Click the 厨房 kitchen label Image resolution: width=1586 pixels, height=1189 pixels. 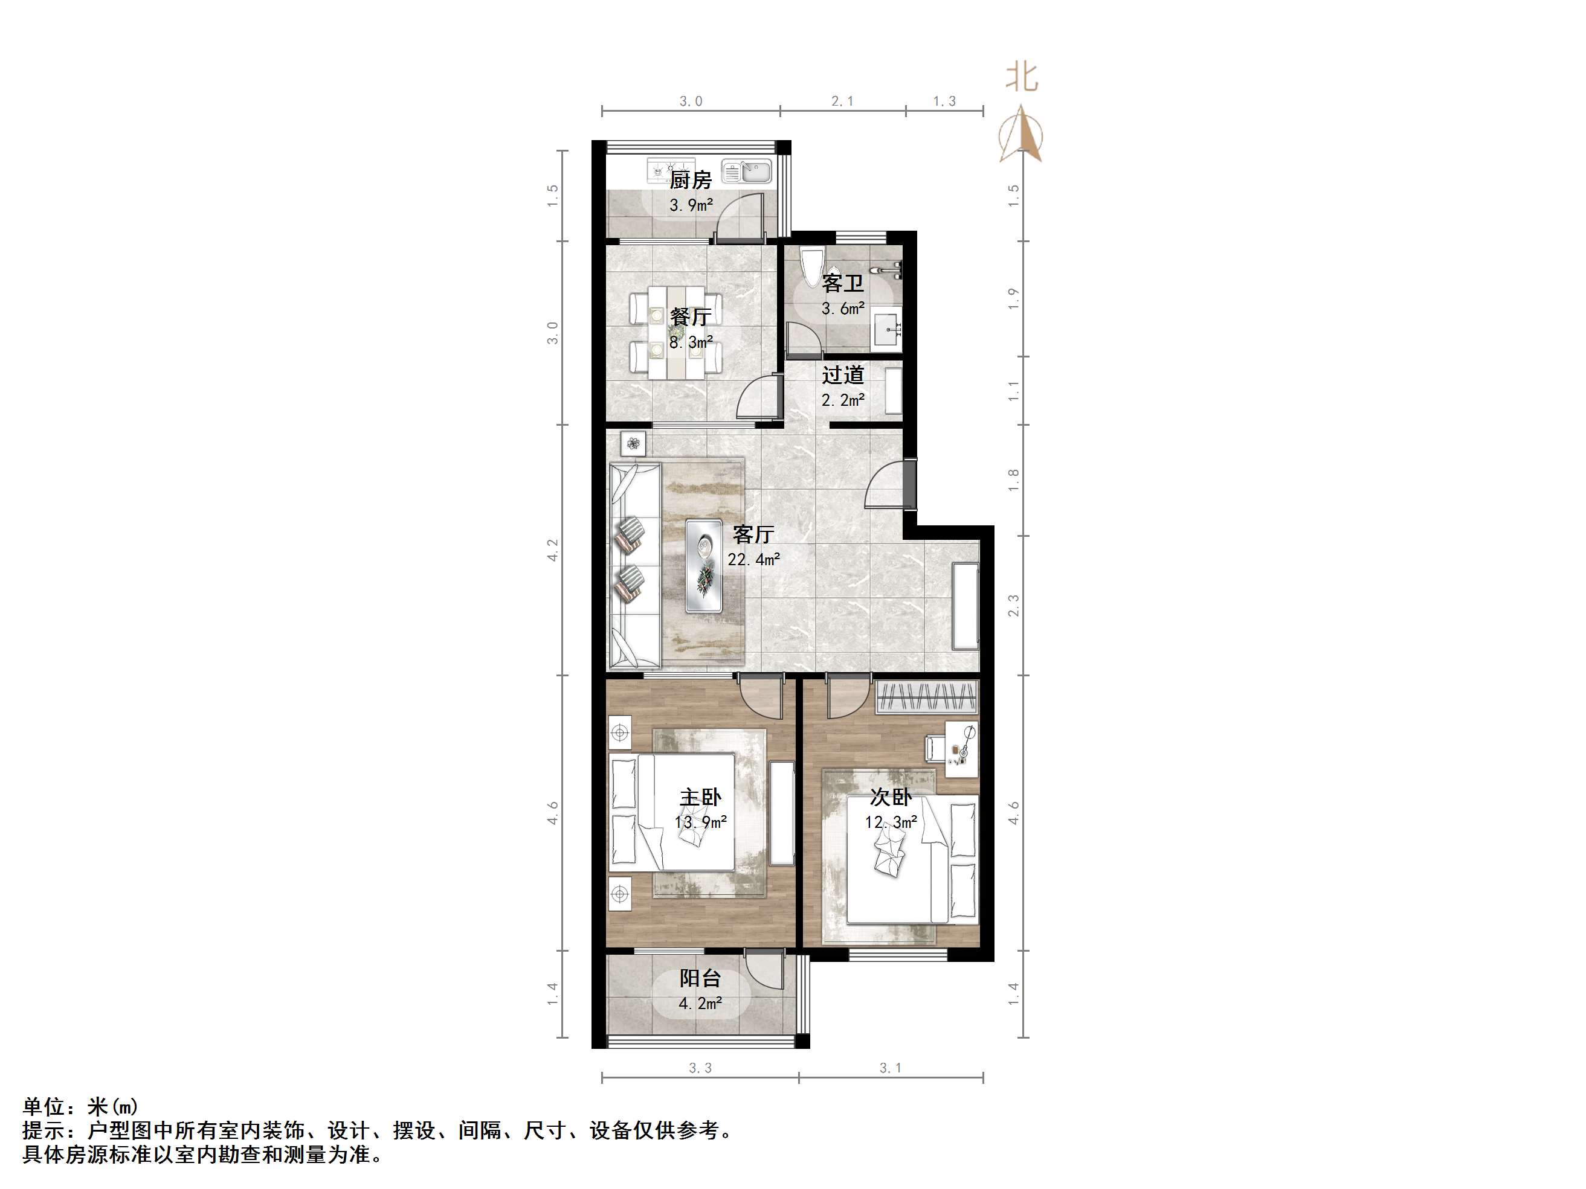(x=690, y=179)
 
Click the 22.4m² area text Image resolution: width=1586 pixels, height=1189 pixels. (x=753, y=559)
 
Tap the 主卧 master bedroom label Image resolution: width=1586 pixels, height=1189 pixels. (x=700, y=797)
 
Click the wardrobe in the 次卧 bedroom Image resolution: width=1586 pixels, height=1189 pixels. (x=927, y=697)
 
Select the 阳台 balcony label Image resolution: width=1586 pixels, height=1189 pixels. (x=700, y=978)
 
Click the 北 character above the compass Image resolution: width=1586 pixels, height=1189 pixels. (x=1022, y=77)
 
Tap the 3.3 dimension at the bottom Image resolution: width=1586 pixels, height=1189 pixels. (x=700, y=1068)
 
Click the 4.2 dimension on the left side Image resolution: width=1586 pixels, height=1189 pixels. (x=553, y=550)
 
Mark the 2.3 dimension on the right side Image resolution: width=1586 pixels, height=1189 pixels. (x=1013, y=606)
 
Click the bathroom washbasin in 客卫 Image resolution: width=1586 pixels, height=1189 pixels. (x=888, y=330)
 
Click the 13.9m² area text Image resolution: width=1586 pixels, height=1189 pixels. (x=700, y=822)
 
